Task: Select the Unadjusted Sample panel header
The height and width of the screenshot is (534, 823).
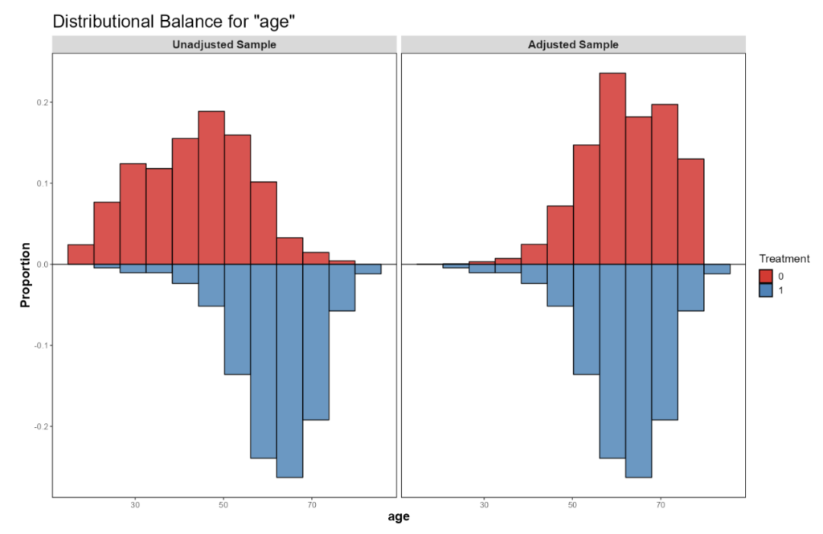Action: point(224,45)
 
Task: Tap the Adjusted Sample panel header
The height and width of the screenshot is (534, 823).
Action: point(573,45)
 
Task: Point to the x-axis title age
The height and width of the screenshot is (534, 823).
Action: point(399,517)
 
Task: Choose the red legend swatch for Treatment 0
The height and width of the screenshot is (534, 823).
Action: point(766,276)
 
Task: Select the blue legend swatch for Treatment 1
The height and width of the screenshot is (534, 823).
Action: point(766,290)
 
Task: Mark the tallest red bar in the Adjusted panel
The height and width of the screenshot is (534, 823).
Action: point(612,169)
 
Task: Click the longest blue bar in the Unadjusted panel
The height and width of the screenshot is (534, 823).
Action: point(289,370)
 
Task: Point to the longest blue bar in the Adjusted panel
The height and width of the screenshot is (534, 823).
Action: point(638,370)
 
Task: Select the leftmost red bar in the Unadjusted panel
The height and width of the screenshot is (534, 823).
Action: point(80,254)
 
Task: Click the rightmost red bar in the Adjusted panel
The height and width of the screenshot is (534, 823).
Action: point(690,212)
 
